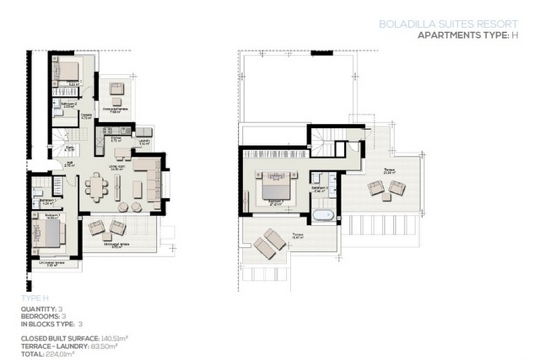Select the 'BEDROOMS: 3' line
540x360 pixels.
[x=42, y=316]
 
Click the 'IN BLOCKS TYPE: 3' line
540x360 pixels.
[x=51, y=324]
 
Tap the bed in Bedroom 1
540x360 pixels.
[x=49, y=229]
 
